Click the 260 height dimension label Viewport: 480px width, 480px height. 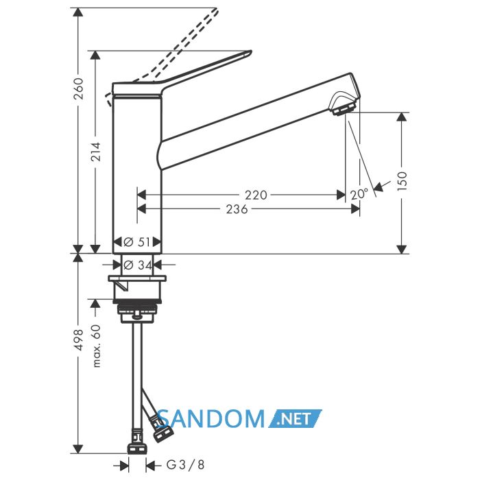point(80,88)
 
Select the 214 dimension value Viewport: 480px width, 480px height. point(97,152)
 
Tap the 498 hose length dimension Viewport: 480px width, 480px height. point(80,340)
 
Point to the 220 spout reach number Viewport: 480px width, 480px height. point(256,195)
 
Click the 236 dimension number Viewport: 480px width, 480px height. point(237,209)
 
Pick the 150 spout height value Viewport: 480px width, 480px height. point(403,181)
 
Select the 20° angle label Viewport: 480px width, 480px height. point(359,194)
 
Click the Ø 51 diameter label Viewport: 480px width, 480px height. point(137,242)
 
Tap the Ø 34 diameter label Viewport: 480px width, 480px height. point(137,265)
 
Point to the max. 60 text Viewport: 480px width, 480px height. point(97,346)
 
